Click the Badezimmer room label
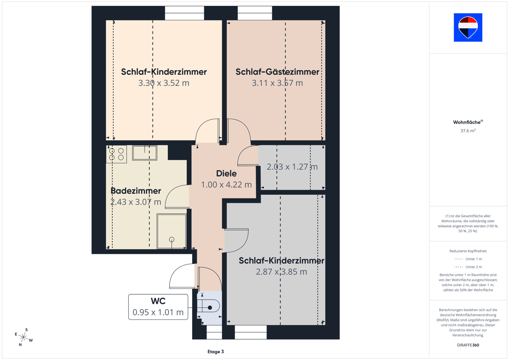tap(136, 190)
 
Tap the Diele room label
tap(226, 173)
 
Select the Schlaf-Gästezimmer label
tap(277, 72)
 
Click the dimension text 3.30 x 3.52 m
tap(164, 83)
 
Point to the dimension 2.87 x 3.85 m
tap(281, 272)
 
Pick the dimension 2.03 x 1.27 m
tap(292, 167)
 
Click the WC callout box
tap(158, 307)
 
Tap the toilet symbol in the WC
tap(209, 307)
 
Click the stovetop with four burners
tap(116, 154)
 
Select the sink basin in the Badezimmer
tap(144, 153)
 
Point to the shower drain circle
tap(172, 239)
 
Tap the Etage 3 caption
tap(216, 351)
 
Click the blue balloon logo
tap(468, 27)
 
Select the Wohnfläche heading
tap(468, 122)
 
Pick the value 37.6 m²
tap(468, 130)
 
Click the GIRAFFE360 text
tap(468, 345)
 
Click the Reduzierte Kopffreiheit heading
tap(468, 251)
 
